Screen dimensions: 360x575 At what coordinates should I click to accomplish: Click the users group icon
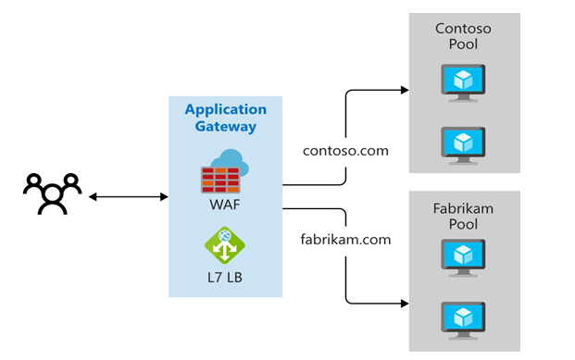coord(52,195)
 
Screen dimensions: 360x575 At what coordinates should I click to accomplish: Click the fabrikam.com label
coord(345,239)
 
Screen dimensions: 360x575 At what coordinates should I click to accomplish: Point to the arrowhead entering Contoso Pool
coord(404,91)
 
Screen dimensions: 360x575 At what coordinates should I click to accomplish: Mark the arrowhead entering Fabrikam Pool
coord(404,303)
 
